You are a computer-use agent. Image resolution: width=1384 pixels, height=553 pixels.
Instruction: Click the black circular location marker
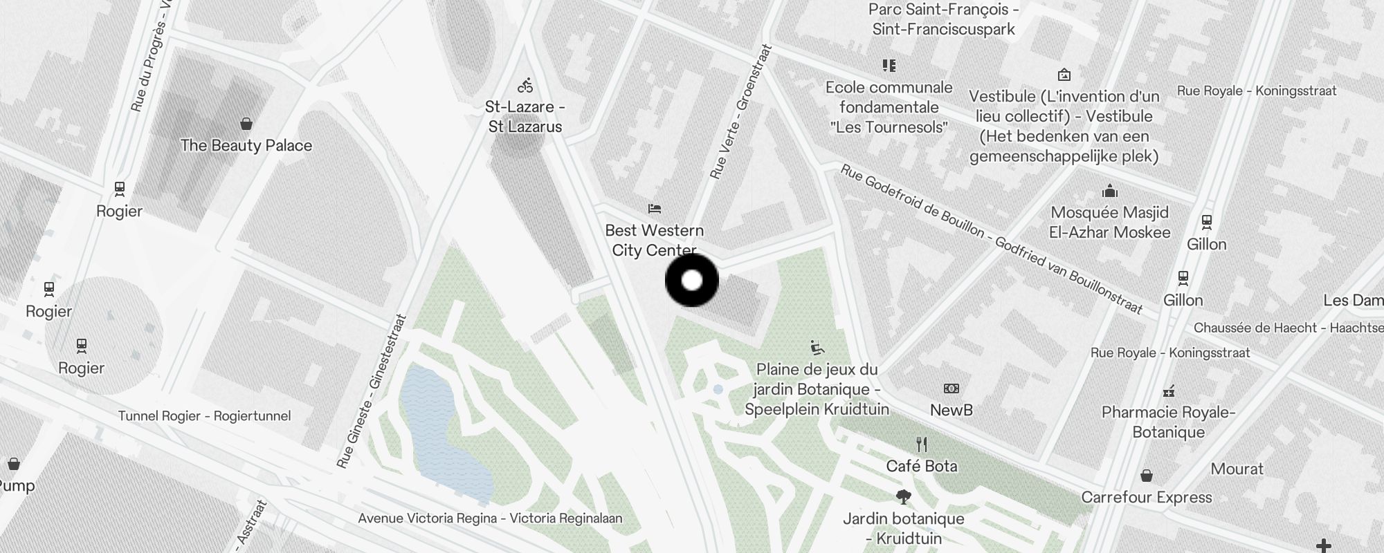point(692,281)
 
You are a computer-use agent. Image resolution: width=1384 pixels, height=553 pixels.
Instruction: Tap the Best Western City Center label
point(654,241)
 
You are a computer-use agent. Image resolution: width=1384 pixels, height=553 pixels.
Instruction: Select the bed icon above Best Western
point(655,208)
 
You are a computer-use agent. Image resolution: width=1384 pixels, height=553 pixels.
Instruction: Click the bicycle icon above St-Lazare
point(525,86)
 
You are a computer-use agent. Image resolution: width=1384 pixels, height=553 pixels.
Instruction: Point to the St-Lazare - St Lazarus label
point(525,117)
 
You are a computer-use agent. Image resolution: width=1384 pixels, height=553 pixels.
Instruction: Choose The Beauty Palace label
point(246,145)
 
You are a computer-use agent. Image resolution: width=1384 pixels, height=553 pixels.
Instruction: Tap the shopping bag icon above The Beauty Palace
point(246,124)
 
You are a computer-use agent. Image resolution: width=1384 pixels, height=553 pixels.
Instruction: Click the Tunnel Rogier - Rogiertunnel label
point(204,416)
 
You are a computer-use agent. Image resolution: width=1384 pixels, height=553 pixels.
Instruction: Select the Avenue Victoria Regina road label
point(490,518)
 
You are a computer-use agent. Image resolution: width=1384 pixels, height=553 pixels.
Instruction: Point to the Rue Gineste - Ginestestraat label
point(371,392)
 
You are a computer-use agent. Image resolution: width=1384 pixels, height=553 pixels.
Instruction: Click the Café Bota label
point(922,466)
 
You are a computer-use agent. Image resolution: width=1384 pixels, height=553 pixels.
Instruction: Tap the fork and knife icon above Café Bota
point(921,444)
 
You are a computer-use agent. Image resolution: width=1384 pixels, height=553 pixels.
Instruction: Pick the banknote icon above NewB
point(951,388)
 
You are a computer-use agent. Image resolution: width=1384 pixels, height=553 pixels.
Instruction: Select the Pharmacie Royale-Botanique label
point(1169,422)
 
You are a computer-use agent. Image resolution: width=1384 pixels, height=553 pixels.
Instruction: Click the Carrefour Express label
point(1147,497)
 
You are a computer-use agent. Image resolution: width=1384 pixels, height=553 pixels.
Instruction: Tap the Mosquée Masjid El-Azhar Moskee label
point(1110,222)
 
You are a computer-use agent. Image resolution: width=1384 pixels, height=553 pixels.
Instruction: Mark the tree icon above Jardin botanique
point(903,496)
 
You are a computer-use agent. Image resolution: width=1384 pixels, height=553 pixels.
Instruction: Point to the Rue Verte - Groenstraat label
point(740,112)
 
